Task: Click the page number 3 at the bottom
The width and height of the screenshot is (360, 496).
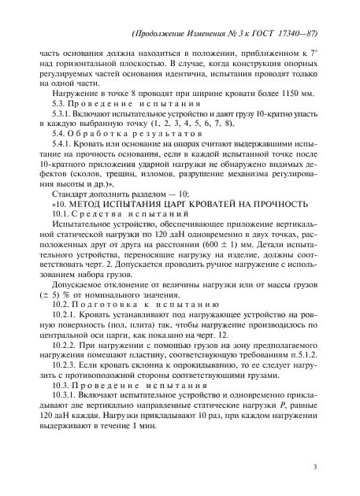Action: coord(314,469)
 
